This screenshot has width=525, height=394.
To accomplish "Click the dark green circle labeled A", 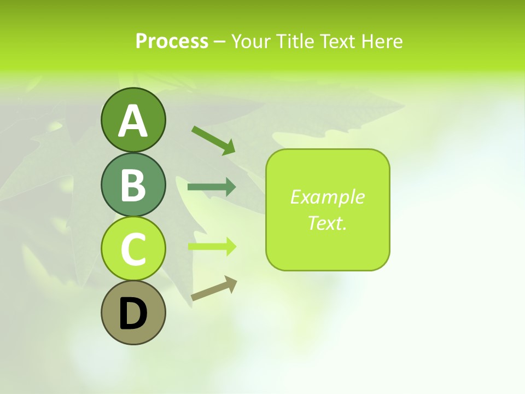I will (x=133, y=120).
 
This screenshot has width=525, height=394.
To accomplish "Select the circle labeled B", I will (x=133, y=184).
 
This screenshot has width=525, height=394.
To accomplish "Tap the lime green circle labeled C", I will (x=133, y=249).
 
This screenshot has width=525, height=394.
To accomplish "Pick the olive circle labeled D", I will (x=133, y=313).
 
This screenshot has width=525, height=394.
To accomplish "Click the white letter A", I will (x=133, y=121).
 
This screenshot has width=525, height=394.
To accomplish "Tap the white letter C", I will (x=133, y=250).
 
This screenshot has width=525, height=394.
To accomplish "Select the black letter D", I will (x=133, y=314).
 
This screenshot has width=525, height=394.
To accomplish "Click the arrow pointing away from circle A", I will (x=213, y=140).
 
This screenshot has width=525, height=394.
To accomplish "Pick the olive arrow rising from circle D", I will (x=213, y=288).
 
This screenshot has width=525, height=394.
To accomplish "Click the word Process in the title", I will (x=172, y=42).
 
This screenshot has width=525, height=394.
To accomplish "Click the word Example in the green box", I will (x=327, y=197).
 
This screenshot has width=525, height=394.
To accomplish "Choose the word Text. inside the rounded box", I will (x=327, y=223).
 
